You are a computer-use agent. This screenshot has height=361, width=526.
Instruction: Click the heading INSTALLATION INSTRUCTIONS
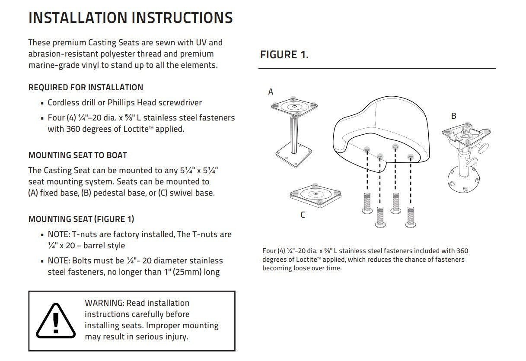click(130, 18)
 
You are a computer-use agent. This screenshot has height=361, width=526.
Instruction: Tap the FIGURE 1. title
click(284, 55)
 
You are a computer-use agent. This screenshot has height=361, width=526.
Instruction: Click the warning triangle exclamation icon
click(55, 320)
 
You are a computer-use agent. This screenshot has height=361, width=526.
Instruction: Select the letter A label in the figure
click(271, 92)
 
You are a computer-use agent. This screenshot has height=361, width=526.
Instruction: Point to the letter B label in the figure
click(453, 116)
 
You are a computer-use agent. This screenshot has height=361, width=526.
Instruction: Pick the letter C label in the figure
click(303, 215)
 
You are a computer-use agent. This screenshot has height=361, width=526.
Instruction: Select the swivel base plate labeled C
click(312, 195)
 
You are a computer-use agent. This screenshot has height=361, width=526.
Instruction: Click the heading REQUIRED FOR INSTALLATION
click(86, 88)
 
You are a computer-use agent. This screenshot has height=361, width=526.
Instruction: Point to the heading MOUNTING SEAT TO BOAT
click(77, 155)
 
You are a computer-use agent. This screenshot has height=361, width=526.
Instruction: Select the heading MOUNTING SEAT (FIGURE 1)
click(81, 219)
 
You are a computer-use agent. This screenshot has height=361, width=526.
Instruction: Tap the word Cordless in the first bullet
click(64, 103)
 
